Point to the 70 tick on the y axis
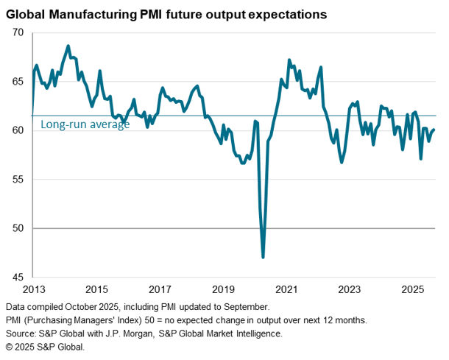[18, 33]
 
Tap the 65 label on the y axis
[18, 82]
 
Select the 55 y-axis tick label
[18, 180]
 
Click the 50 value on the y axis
[18, 228]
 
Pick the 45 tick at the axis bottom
[18, 278]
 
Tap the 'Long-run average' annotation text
[85, 125]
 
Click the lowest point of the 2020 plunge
[263, 257]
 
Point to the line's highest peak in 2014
[68, 46]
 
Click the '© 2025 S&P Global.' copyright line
[45, 347]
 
